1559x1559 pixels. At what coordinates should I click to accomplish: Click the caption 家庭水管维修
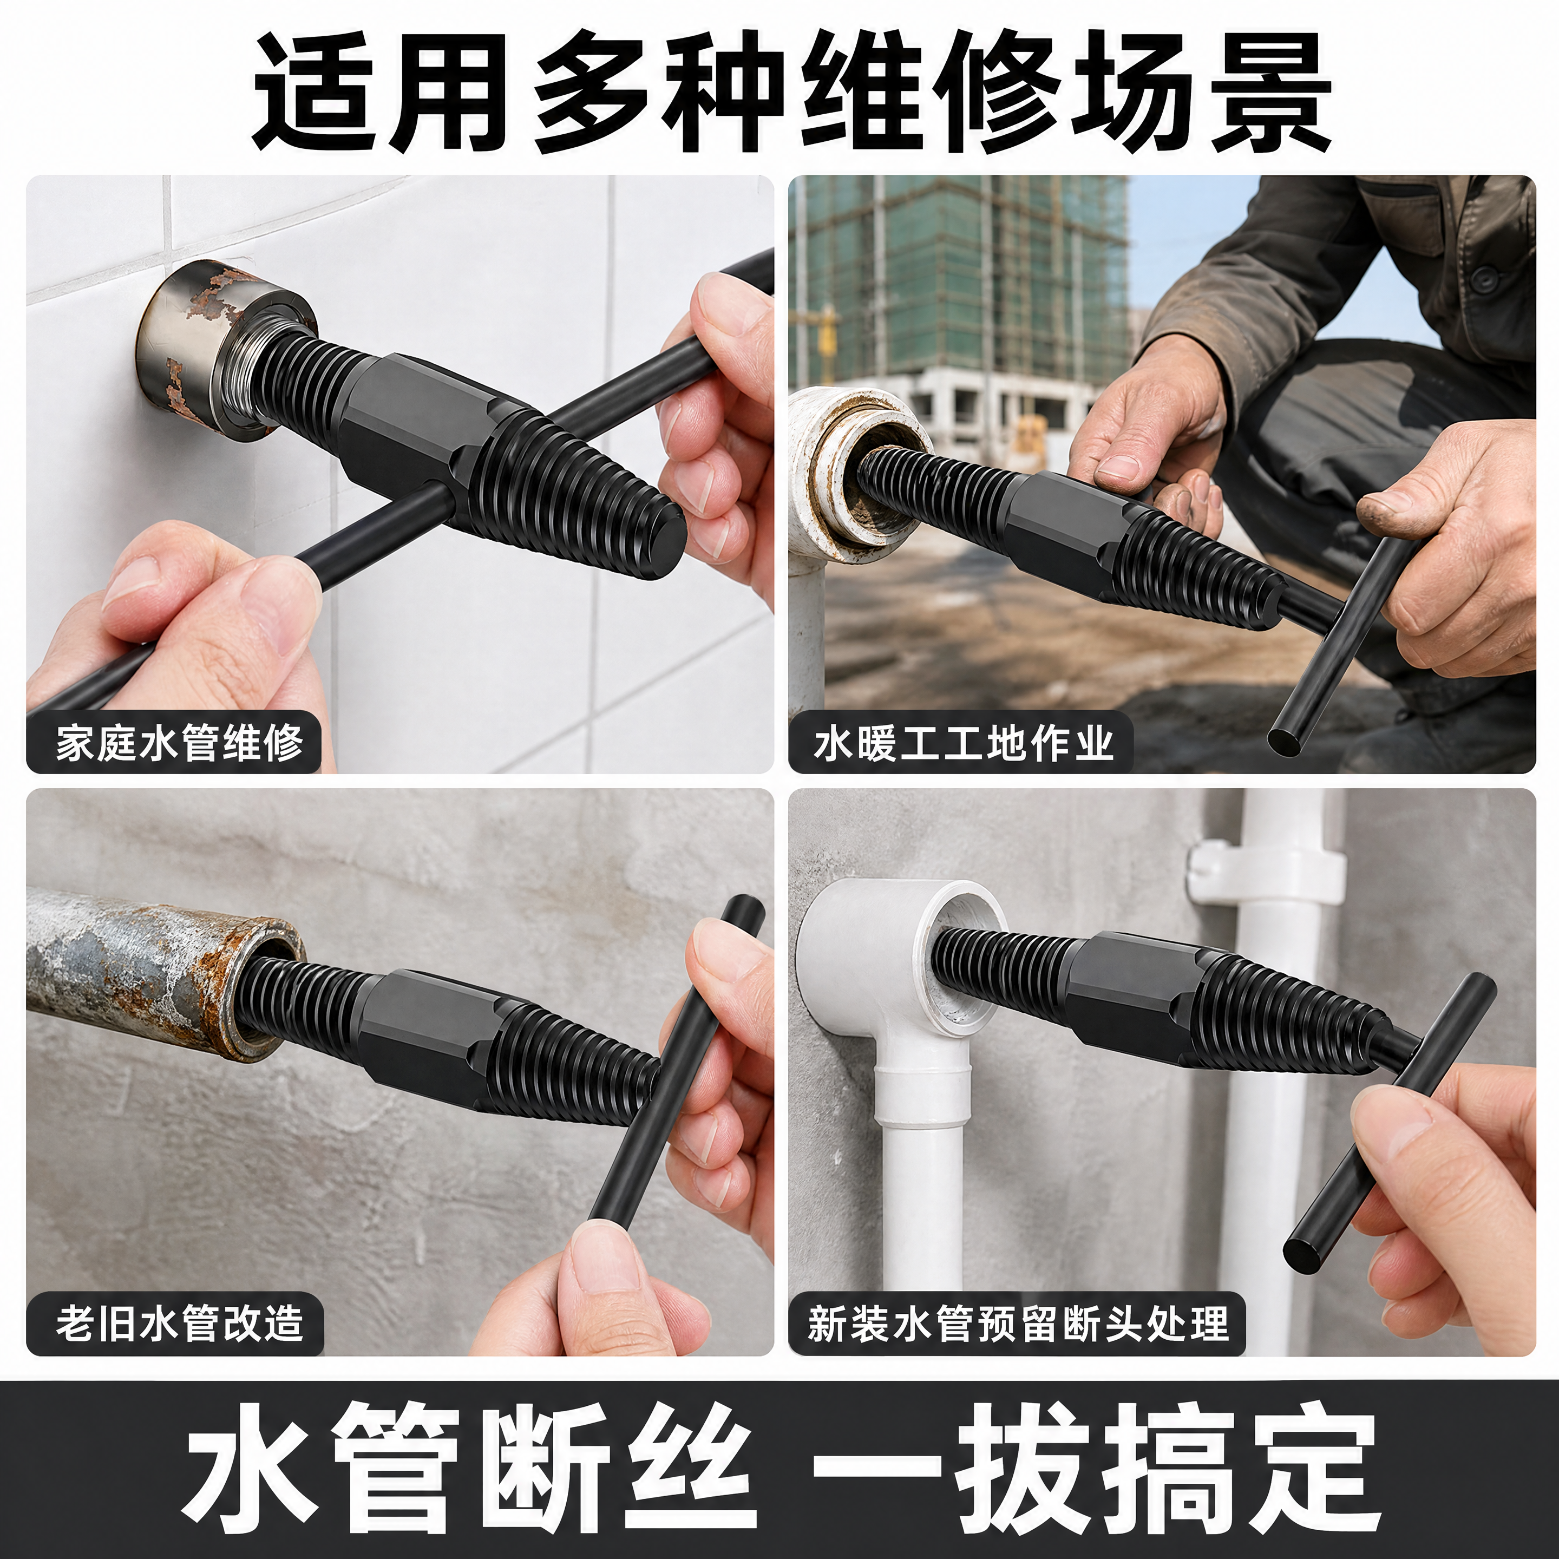(179, 742)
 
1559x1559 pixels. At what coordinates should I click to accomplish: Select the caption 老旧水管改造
(179, 1324)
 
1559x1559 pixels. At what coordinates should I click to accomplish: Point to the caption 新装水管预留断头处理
(1018, 1324)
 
